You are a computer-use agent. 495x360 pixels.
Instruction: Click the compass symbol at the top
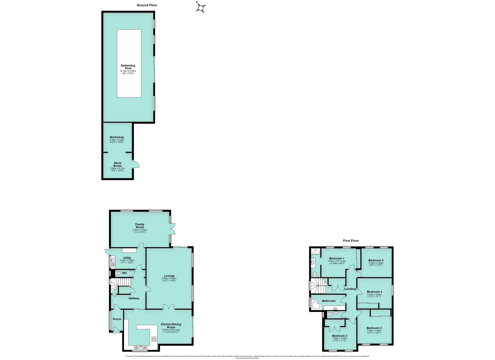coord(201,7)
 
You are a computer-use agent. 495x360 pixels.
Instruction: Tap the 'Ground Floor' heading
coord(147,5)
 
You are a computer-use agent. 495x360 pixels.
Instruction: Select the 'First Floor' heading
coord(351,241)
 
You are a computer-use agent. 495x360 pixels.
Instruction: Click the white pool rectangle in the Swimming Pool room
coord(129,63)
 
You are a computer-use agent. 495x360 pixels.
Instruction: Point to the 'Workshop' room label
coord(117,137)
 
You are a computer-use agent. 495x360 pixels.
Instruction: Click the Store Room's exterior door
coord(136,164)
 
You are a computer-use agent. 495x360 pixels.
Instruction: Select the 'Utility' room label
coord(127,258)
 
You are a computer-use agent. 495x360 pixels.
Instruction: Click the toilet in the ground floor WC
coord(118,273)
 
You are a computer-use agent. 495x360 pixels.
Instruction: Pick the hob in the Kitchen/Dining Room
coord(154,339)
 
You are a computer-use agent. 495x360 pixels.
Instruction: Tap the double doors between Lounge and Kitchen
coord(169,307)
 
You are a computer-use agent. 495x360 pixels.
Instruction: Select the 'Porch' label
coord(117,319)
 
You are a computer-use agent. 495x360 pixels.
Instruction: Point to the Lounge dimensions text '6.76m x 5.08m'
coord(169,278)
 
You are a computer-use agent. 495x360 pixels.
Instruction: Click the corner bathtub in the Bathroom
coord(315,304)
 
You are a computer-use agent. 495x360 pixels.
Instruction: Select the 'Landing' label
coord(350,289)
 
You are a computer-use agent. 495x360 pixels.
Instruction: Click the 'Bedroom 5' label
coord(376,260)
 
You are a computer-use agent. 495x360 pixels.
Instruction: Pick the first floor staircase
coord(319,285)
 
